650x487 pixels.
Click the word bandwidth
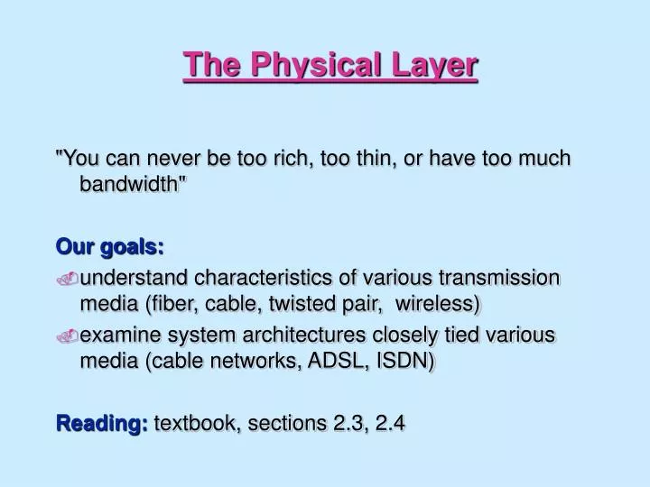click(x=135, y=187)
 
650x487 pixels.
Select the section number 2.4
click(x=389, y=421)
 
